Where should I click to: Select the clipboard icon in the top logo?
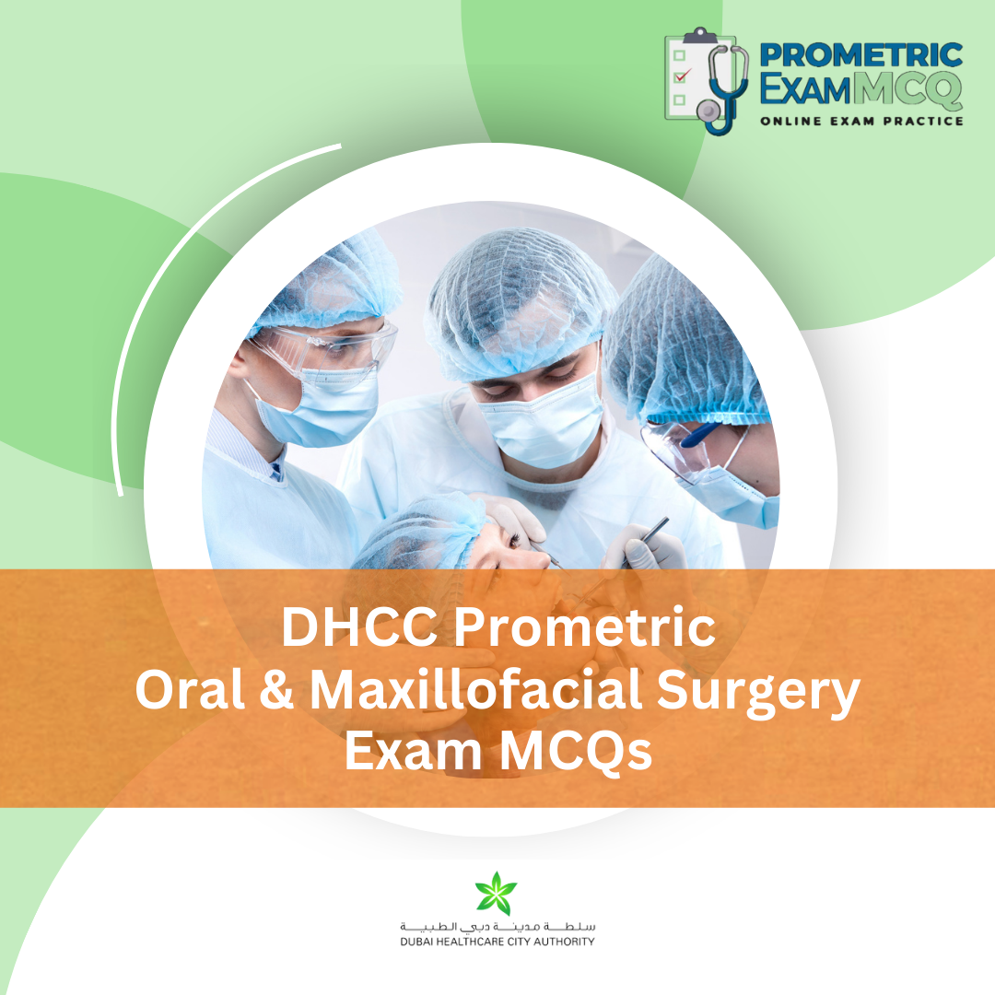click(x=687, y=77)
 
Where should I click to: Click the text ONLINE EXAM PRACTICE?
click(x=860, y=121)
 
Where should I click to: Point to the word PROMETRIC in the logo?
click(x=860, y=55)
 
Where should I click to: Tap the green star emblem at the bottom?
click(x=497, y=894)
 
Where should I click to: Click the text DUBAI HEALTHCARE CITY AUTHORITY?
click(x=497, y=942)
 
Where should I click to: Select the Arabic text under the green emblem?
click(x=497, y=925)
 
